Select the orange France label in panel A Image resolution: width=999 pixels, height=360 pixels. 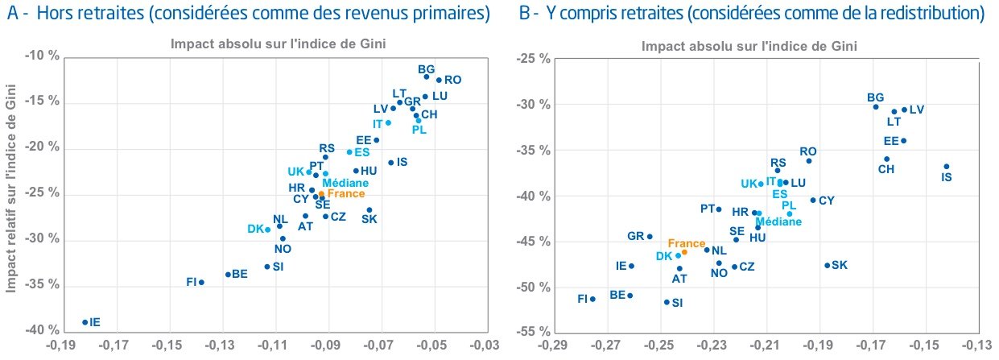click(x=346, y=193)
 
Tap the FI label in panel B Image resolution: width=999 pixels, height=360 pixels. click(x=583, y=299)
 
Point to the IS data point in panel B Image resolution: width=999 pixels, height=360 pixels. click(x=947, y=167)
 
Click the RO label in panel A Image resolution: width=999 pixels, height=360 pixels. click(x=453, y=80)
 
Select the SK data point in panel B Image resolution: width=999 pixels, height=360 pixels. click(x=827, y=265)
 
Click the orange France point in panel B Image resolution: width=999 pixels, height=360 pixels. click(x=684, y=252)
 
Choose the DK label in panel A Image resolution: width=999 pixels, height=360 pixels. click(x=255, y=230)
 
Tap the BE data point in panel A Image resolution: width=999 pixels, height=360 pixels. click(x=228, y=275)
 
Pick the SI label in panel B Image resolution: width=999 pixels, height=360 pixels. click(x=677, y=303)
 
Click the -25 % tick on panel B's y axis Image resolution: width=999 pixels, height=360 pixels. click(x=533, y=59)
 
